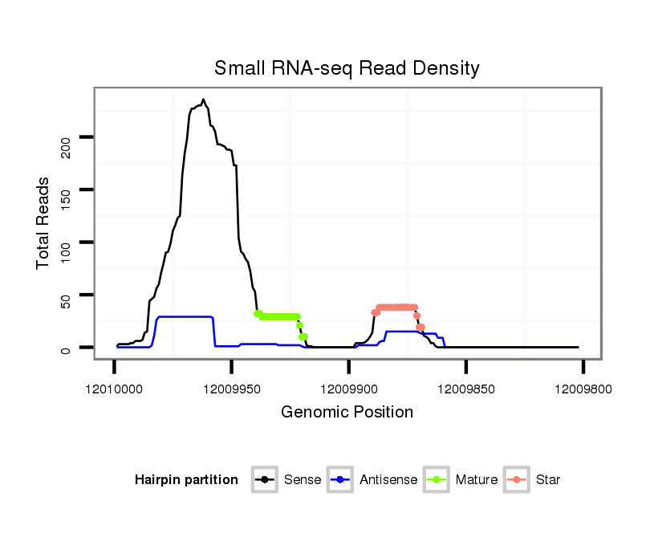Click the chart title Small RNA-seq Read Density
click(347, 68)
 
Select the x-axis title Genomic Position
click(347, 413)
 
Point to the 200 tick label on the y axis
click(66, 145)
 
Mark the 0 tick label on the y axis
click(66, 348)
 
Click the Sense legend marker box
click(264, 480)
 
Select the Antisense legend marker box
click(340, 480)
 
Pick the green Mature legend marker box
click(437, 480)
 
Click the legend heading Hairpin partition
click(186, 480)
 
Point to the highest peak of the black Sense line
click(203, 100)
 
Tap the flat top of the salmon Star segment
click(396, 307)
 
